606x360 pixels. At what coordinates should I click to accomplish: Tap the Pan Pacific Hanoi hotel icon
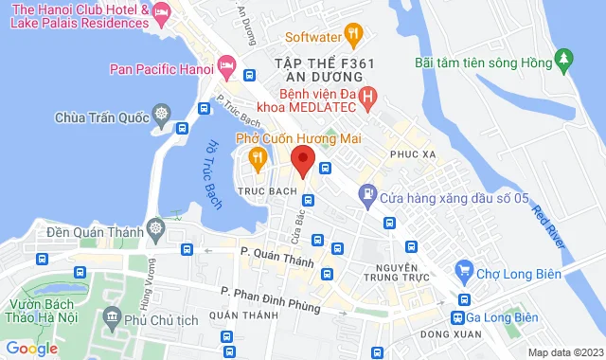point(226,68)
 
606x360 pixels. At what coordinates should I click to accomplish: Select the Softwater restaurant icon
point(353,37)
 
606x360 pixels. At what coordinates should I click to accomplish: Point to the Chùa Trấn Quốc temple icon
point(161,117)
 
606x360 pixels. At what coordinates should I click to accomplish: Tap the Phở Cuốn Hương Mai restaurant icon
point(256,158)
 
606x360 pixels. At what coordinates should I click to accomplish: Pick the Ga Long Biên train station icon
point(458,317)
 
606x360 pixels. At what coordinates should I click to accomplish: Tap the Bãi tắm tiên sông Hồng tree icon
point(565,63)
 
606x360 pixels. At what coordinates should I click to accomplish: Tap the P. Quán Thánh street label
point(276,252)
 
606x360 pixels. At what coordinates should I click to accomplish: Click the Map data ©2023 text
point(564,352)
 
